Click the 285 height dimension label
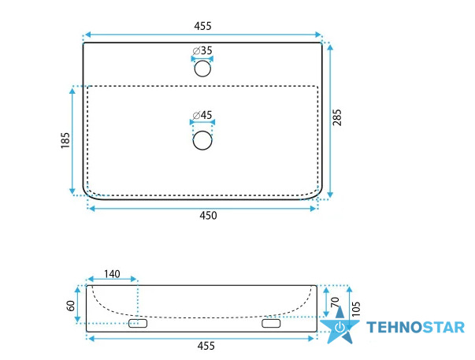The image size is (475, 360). (337, 117)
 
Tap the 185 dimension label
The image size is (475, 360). (65, 140)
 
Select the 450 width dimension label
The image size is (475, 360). (208, 216)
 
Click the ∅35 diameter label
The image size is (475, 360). (202, 50)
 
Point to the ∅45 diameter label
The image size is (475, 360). (202, 115)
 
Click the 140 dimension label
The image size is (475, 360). (112, 274)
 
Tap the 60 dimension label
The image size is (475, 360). (71, 306)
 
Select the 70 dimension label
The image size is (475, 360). (335, 302)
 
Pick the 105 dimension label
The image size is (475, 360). (356, 309)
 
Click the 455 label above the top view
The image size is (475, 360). (202, 26)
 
